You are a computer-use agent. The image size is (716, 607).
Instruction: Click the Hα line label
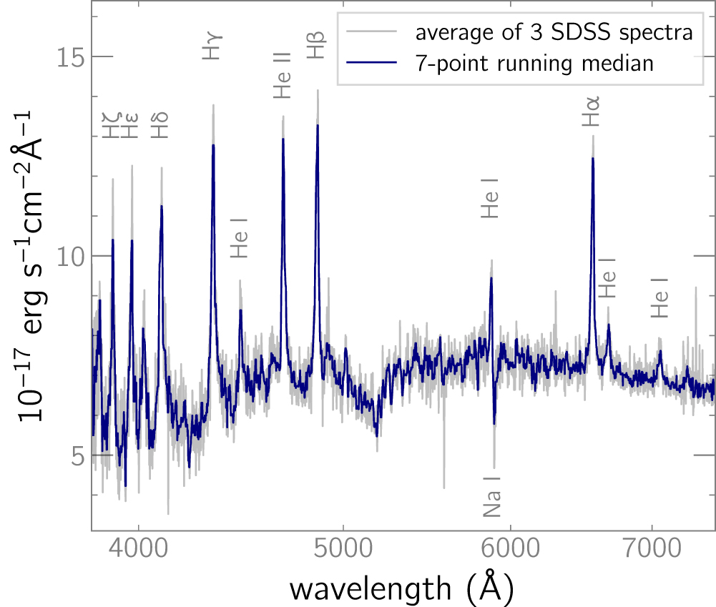click(x=591, y=113)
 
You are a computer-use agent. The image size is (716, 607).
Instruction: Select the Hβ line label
click(x=315, y=45)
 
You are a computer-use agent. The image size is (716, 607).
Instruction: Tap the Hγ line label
click(x=212, y=46)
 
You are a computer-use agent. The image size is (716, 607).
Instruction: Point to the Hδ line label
click(x=160, y=124)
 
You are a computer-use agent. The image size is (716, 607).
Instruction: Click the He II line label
click(x=283, y=74)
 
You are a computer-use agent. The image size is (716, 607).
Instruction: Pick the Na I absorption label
click(x=492, y=496)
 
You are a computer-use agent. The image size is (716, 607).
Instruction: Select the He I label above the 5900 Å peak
click(x=490, y=198)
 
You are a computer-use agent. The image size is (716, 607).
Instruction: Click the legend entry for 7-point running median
click(x=535, y=64)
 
